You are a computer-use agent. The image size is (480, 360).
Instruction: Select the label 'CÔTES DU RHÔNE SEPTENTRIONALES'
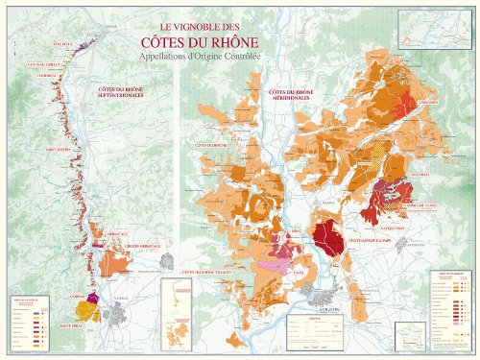(122, 92)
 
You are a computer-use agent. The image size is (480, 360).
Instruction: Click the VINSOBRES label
(427, 103)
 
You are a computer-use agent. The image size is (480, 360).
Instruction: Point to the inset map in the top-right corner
(431, 31)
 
